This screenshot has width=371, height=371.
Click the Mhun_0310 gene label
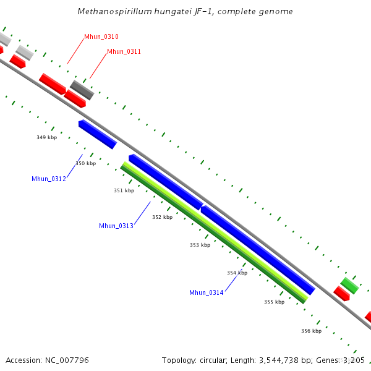(101, 37)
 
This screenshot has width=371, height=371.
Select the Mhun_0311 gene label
(124, 51)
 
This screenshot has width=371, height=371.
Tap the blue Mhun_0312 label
(49, 179)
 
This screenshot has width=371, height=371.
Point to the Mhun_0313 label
(116, 226)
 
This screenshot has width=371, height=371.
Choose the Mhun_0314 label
(207, 292)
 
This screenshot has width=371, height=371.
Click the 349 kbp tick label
(47, 137)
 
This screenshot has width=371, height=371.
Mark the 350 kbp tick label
(86, 163)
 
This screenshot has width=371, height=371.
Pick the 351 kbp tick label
(124, 190)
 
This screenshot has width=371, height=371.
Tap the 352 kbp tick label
(162, 217)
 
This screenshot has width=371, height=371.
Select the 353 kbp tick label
(200, 245)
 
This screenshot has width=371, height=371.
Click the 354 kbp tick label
(237, 273)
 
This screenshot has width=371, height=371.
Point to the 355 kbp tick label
(274, 302)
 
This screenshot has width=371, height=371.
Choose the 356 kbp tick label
(311, 331)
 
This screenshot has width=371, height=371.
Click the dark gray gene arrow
(82, 90)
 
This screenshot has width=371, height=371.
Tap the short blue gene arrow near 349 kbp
(98, 134)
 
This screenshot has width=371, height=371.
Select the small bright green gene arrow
(349, 285)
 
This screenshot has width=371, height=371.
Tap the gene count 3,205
(353, 360)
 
